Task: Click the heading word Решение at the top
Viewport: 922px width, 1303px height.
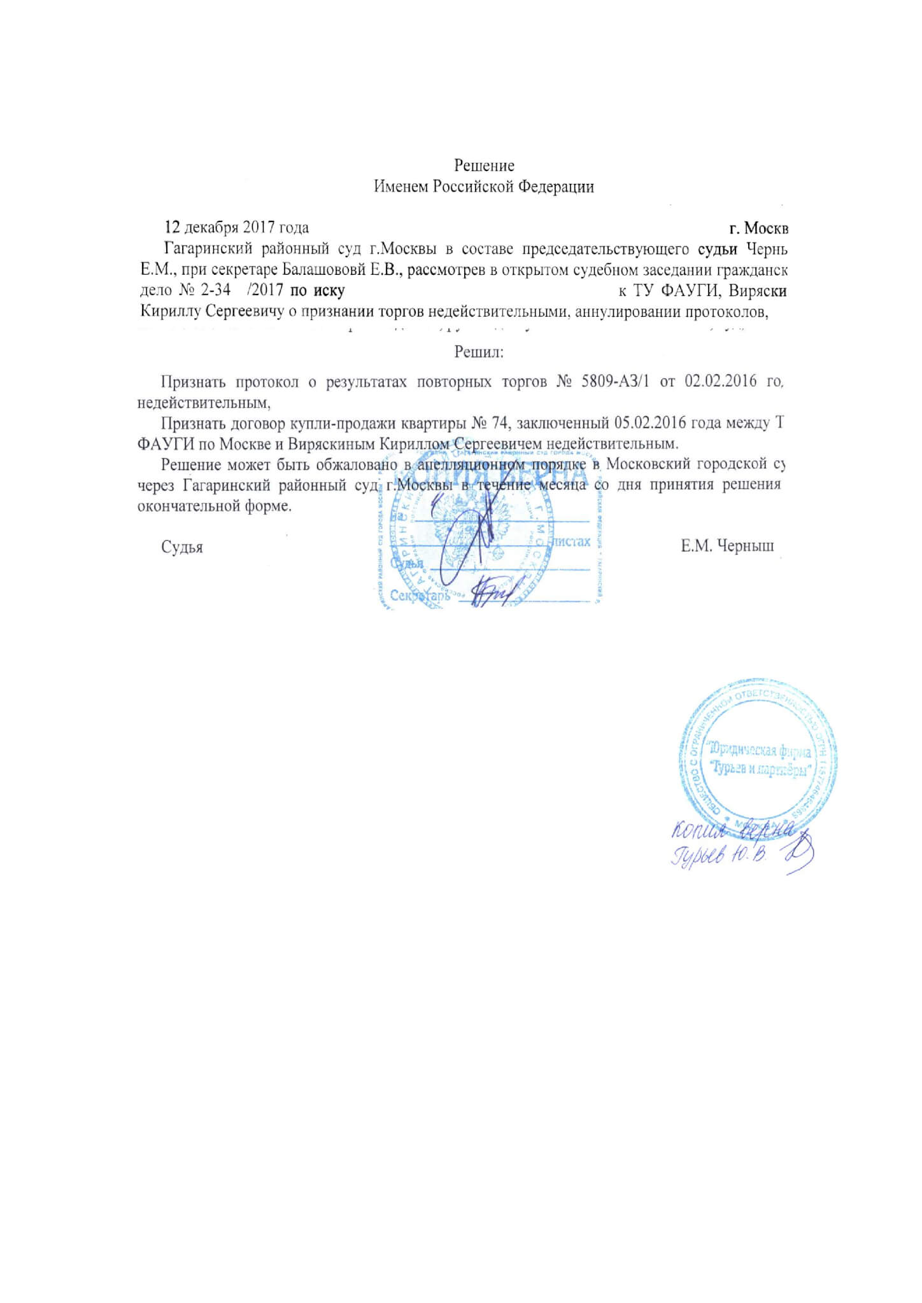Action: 484,166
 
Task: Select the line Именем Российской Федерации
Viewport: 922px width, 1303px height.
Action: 484,187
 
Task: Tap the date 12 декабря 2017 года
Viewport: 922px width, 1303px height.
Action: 237,228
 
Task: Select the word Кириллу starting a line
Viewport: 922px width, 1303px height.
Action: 167,312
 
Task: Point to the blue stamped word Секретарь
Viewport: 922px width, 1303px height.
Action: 420,596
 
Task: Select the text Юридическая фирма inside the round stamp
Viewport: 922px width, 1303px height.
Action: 760,751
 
